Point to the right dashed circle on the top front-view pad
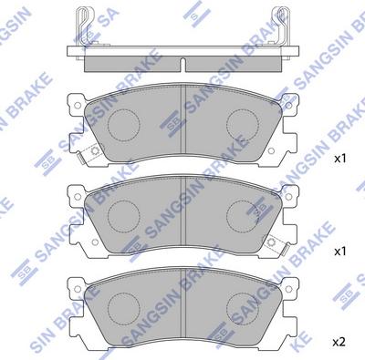[244, 122]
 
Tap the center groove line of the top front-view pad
[184, 123]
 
